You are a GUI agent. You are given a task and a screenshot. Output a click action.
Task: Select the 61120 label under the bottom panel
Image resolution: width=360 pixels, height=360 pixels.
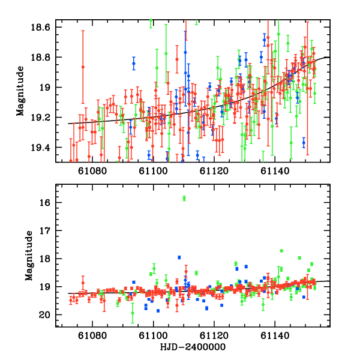point(214,337)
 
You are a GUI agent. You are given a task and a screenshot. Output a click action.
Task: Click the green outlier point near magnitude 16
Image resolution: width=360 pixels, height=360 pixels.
point(184,198)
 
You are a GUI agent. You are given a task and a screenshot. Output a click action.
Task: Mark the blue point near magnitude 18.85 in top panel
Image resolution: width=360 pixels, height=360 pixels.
point(134,64)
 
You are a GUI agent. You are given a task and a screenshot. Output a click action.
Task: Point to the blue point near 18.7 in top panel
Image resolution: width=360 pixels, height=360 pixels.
point(264,40)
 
